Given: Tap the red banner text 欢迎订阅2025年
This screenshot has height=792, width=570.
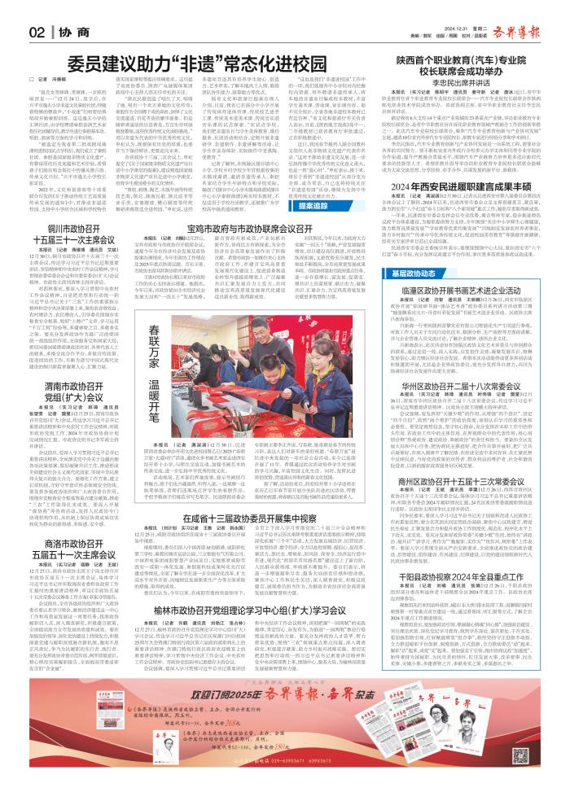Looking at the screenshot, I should point(220,742).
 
